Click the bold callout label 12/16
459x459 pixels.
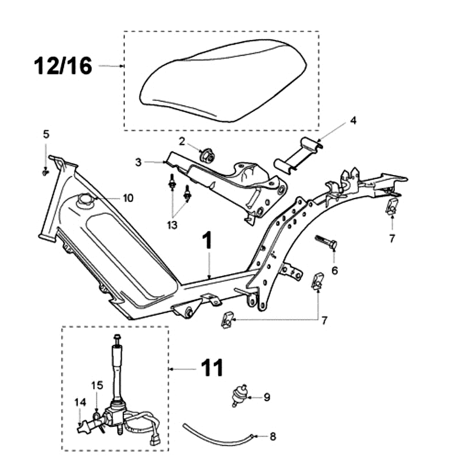coord(64,66)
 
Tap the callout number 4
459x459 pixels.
coord(353,120)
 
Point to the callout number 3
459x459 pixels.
coord(138,162)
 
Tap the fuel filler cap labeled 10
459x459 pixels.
coord(85,200)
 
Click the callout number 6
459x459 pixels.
coord(334,269)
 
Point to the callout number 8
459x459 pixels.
coord(273,437)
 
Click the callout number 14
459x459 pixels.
coord(79,403)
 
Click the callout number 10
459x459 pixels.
coord(128,199)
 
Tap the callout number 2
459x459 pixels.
coord(181,141)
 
